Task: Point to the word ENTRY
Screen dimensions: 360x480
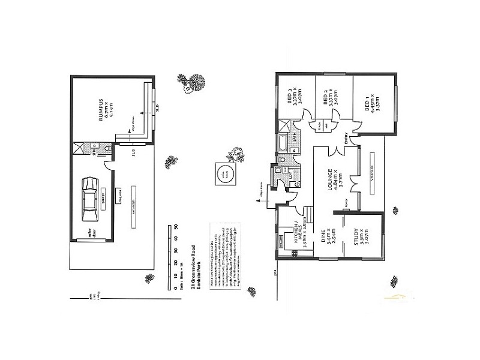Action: click(x=346, y=140)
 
